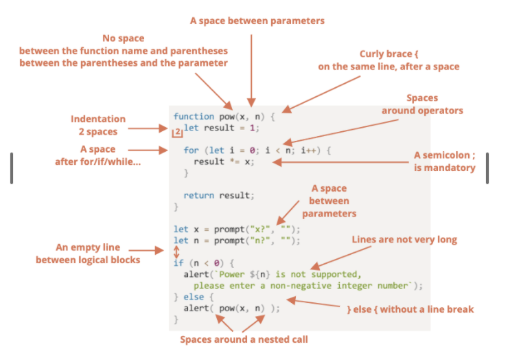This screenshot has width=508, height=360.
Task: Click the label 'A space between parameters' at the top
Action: pyautogui.click(x=257, y=21)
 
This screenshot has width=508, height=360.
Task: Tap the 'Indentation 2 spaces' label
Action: pyautogui.click(x=98, y=125)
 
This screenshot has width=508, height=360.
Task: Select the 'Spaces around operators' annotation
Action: pyautogui.click(x=422, y=104)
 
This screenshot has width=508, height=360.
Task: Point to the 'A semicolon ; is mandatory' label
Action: pyautogui.click(x=444, y=161)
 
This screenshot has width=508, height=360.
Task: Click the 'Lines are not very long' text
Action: pyautogui.click(x=404, y=240)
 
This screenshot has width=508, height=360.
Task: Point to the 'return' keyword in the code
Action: pyautogui.click(x=200, y=195)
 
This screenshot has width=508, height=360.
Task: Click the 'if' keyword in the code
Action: pyautogui.click(x=178, y=262)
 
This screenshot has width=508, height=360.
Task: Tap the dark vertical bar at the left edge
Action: pyautogui.click(x=12, y=168)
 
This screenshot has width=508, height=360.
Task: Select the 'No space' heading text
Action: pyautogui.click(x=123, y=38)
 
